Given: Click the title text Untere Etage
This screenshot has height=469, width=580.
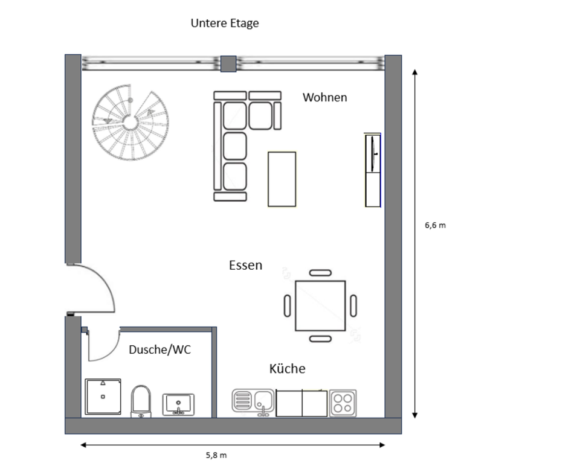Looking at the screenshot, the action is click(225, 24).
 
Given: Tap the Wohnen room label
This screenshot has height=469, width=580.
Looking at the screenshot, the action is click(325, 98).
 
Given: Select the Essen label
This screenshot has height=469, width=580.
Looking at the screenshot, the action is click(246, 266).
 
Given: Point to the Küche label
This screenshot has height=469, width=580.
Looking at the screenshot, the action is click(288, 368).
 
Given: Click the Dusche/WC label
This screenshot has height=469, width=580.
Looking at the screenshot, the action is click(159, 349).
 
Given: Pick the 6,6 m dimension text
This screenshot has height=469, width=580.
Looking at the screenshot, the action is click(436, 225).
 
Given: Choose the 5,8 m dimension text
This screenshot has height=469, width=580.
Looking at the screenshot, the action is click(216, 455).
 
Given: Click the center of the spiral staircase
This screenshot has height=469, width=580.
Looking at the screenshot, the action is click(130, 123).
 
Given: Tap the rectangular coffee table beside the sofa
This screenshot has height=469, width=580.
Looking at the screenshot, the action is click(282, 179).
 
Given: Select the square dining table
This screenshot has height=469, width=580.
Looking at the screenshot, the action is click(320, 305).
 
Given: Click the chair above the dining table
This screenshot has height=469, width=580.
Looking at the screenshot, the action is click(320, 273).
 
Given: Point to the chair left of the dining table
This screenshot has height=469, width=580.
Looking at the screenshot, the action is click(288, 305).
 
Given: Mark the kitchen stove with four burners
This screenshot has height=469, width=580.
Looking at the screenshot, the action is click(343, 403).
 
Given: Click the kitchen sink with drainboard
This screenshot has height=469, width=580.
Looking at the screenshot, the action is click(253, 402).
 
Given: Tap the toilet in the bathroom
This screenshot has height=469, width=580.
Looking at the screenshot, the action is click(141, 402).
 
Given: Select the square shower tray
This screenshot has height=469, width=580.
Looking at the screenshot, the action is click(103, 397).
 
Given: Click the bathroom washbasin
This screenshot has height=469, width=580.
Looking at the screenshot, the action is click(178, 404).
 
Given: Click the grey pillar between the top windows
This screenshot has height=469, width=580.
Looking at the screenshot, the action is click(228, 63).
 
